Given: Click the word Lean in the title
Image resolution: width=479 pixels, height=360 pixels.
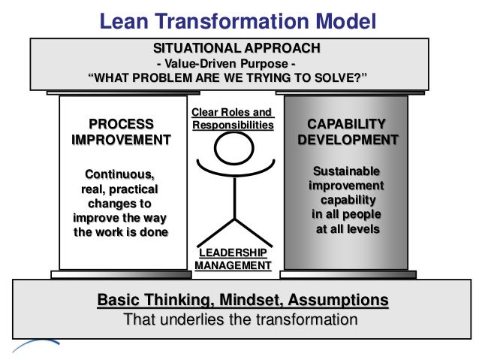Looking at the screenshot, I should (124, 20).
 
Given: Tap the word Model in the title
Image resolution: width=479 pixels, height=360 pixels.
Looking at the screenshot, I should (338, 20).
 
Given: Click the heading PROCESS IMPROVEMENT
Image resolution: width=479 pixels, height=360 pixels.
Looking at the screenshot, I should (121, 132).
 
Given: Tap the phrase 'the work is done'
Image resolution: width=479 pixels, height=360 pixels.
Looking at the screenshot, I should (121, 231).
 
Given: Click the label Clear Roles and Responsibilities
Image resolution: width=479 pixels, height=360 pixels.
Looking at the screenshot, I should (233, 119).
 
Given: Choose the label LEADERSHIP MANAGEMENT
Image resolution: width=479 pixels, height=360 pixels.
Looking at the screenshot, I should (233, 259).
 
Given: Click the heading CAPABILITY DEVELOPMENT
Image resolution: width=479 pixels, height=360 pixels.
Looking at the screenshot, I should (348, 132).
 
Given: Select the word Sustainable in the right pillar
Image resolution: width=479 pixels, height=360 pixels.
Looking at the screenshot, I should (346, 171).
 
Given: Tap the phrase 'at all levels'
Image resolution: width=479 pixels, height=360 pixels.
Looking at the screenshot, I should (348, 228).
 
